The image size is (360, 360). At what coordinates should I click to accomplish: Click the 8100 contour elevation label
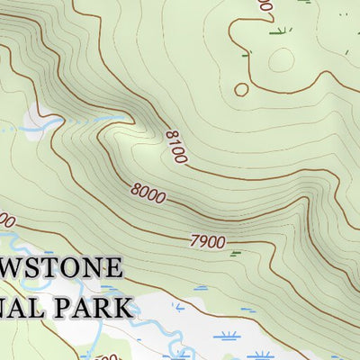coord(175,147)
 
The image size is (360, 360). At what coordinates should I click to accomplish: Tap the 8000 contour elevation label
coord(148,192)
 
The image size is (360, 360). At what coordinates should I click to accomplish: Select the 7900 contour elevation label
coord(207,241)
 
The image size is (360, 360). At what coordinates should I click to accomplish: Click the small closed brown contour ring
coord(240,89)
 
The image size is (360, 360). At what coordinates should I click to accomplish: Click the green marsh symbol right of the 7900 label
coord(237,254)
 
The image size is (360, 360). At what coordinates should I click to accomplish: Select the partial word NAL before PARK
coord(20,307)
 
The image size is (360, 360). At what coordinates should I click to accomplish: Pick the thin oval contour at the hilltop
coord(281,60)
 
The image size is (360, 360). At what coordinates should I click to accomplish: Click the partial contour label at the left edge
coord(5,220)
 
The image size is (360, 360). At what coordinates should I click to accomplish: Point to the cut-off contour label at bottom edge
coord(109,356)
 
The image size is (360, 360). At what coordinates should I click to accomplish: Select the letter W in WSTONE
coord(12,268)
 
